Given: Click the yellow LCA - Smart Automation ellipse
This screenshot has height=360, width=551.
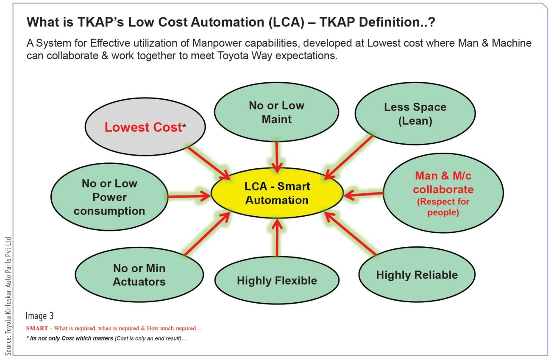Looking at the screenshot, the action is click(277, 193).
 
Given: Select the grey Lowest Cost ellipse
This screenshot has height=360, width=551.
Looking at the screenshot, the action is click(145, 127).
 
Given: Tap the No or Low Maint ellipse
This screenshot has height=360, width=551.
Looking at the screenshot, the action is click(276, 112).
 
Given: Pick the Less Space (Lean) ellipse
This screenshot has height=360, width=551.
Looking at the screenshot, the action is click(415, 114).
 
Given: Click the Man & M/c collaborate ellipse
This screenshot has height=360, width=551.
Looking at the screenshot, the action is click(443, 193).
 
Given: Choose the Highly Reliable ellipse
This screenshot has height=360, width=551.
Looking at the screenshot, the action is click(417, 275).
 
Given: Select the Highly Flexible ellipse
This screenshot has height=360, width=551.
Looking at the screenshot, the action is click(277, 280).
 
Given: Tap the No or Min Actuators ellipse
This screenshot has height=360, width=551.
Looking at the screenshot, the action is click(139, 275).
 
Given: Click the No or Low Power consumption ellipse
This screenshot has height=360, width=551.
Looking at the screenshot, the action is click(109, 197).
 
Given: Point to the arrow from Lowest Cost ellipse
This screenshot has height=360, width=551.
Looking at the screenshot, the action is click(209, 163).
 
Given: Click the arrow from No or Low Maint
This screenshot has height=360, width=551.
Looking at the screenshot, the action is click(277, 157).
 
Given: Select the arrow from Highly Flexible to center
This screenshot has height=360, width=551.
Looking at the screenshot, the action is click(277, 238).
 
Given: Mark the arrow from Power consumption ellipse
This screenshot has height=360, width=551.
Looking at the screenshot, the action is click(189, 196).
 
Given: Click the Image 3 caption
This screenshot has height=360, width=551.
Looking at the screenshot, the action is click(39, 316).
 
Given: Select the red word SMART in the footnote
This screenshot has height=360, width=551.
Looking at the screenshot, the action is click(37, 328).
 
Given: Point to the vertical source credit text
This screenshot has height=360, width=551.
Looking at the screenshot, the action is click(8, 296).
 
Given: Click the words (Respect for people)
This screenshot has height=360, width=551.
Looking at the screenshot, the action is click(443, 207).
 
